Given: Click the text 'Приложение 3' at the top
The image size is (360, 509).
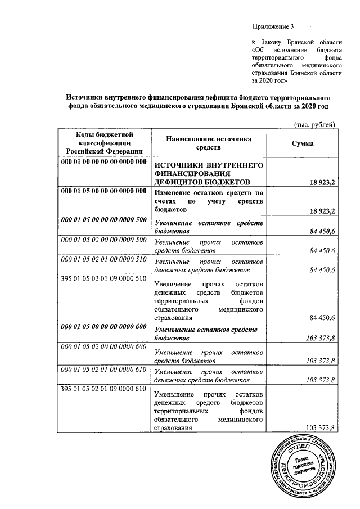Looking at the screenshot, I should pos(273,27).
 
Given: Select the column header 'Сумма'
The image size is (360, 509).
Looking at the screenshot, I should pos(303,143).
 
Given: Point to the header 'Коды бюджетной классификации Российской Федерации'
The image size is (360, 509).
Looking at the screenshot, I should pos(101,143).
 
